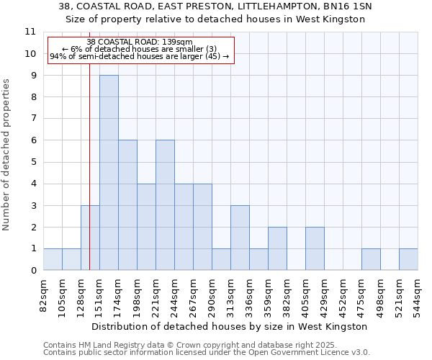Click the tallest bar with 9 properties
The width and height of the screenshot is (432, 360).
click(109, 173)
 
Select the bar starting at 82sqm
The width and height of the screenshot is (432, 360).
click(53, 259)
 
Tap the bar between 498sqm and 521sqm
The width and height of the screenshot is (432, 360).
click(371, 259)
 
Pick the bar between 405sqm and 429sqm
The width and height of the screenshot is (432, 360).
click(315, 248)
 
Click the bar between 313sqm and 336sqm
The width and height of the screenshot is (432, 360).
click(240, 238)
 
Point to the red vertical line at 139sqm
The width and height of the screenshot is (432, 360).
click(89, 180)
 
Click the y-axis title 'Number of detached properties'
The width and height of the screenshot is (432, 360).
click(7, 155)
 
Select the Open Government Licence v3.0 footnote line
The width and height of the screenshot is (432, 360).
click(207, 353)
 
